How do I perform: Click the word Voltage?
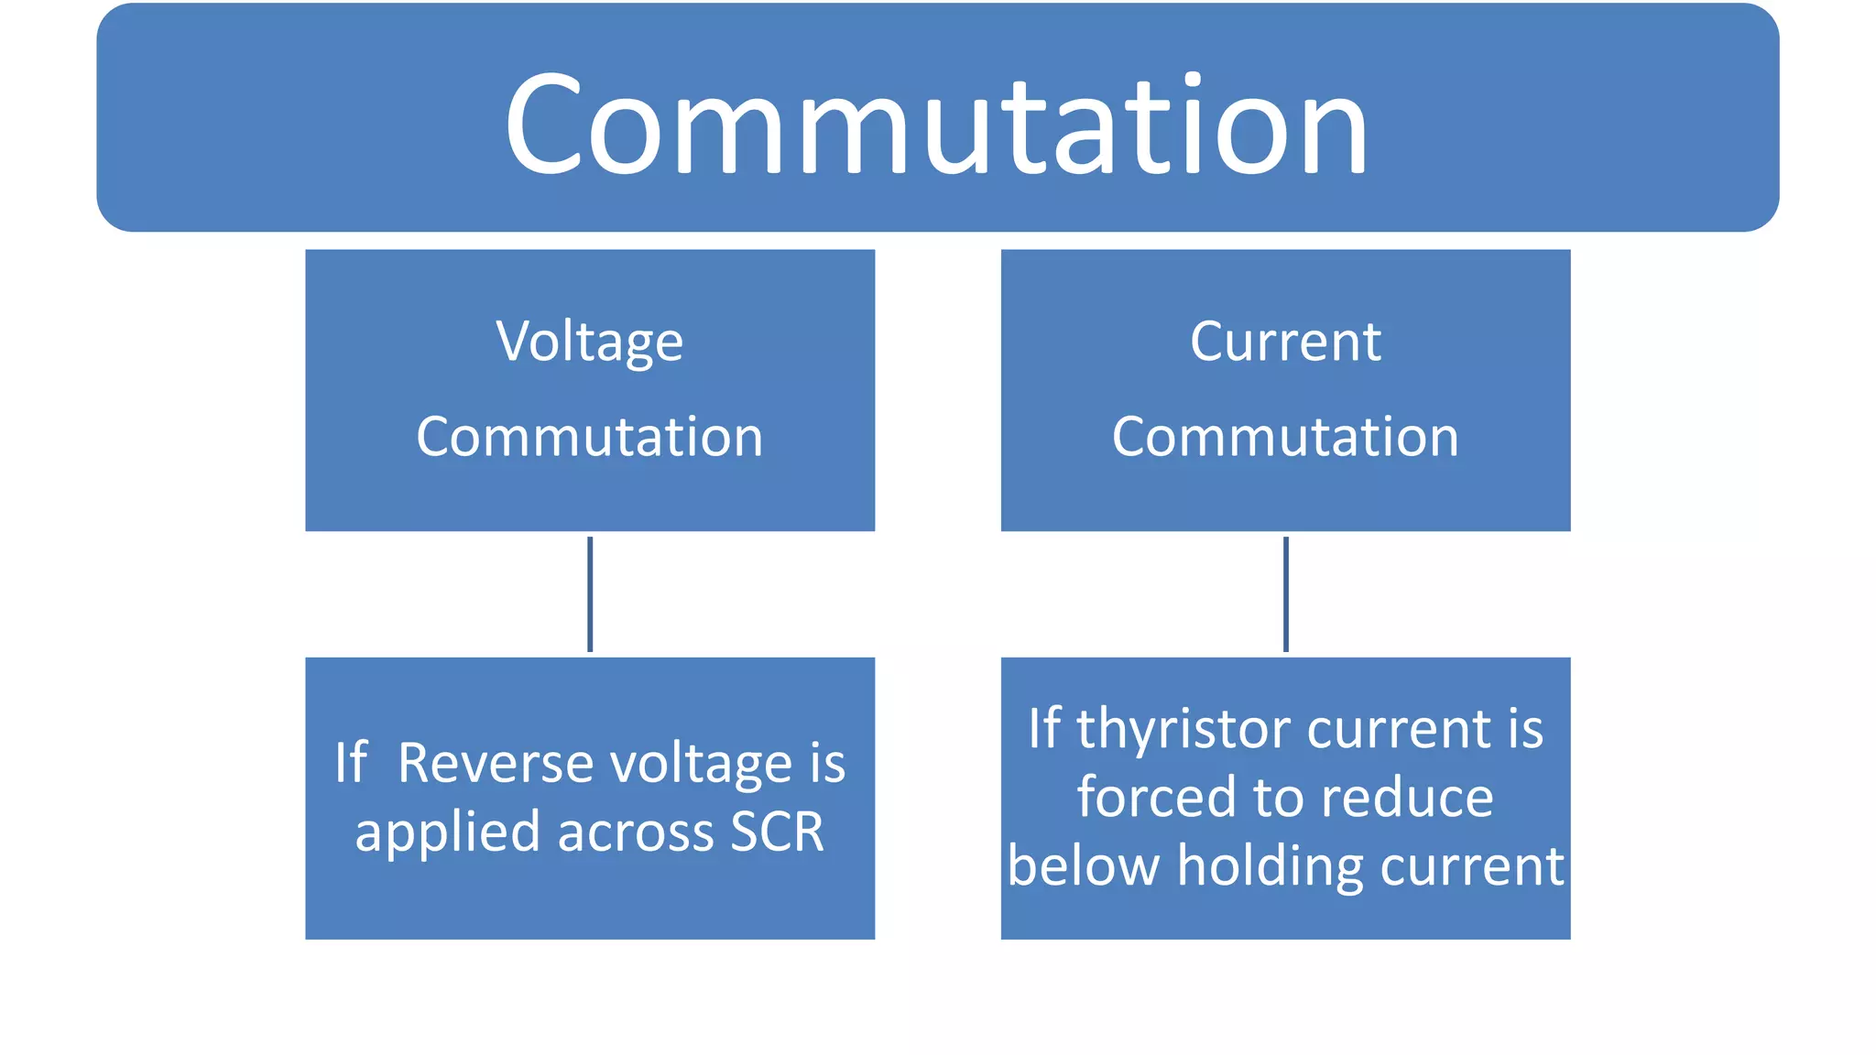pyautogui.click(x=590, y=343)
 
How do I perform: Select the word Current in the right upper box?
pyautogui.click(x=1285, y=342)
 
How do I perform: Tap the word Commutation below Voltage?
pyautogui.click(x=590, y=437)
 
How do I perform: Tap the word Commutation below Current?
pyautogui.click(x=1285, y=437)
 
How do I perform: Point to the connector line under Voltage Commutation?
pyautogui.click(x=590, y=593)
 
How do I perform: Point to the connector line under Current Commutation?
pyautogui.click(x=1285, y=593)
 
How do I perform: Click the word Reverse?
pyautogui.click(x=495, y=763)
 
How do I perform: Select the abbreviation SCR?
pyautogui.click(x=777, y=832)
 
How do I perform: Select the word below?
pyautogui.click(x=1084, y=865)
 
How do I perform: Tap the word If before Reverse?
pyautogui.click(x=351, y=763)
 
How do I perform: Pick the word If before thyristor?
pyautogui.click(x=1044, y=729)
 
